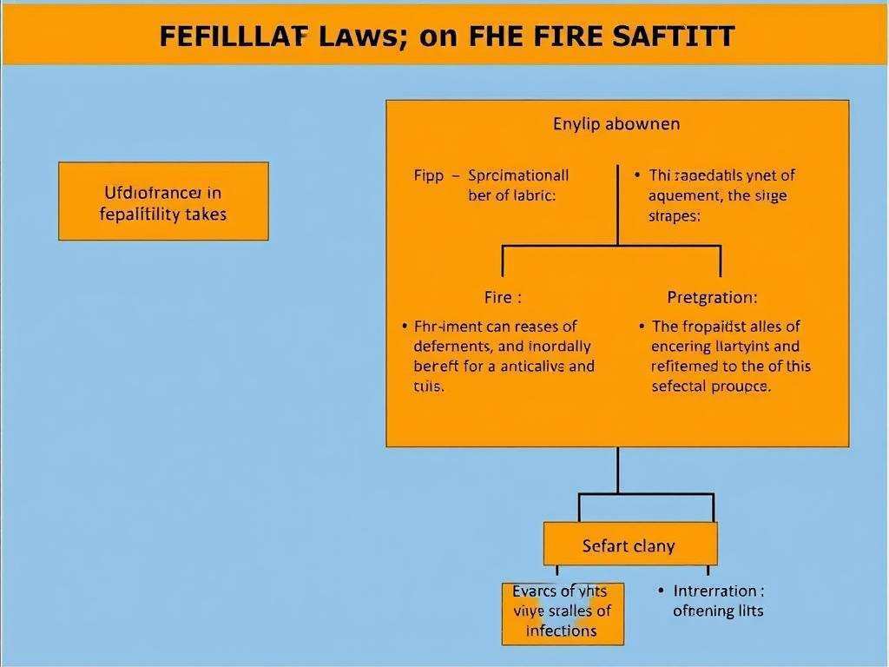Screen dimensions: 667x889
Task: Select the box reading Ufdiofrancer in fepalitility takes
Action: [163, 201]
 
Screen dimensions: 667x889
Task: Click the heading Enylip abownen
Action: [616, 123]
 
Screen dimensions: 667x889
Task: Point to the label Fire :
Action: [503, 297]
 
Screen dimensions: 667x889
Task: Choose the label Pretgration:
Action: [712, 297]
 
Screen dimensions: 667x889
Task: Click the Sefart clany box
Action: [629, 546]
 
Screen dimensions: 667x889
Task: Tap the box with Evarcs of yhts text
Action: [562, 611]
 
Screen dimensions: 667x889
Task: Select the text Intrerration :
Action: [718, 591]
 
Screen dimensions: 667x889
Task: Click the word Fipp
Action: [428, 175]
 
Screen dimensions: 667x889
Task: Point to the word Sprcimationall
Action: [518, 175]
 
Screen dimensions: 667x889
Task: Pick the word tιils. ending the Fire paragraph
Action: [429, 386]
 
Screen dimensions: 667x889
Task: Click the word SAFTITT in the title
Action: [675, 36]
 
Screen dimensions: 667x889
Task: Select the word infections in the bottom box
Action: [562, 631]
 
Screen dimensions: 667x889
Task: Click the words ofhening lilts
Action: [718, 611]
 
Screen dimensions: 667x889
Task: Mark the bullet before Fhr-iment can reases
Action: [405, 327]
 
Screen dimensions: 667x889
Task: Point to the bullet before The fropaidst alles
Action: [642, 327]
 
